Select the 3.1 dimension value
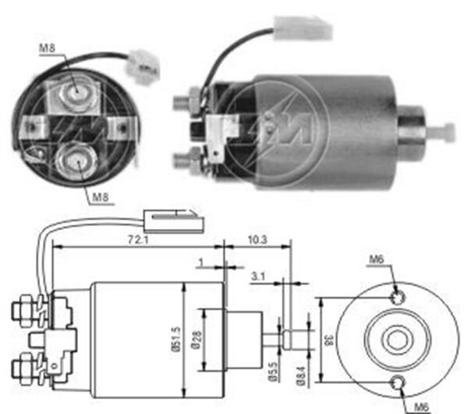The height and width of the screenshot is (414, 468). [x=260, y=275]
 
